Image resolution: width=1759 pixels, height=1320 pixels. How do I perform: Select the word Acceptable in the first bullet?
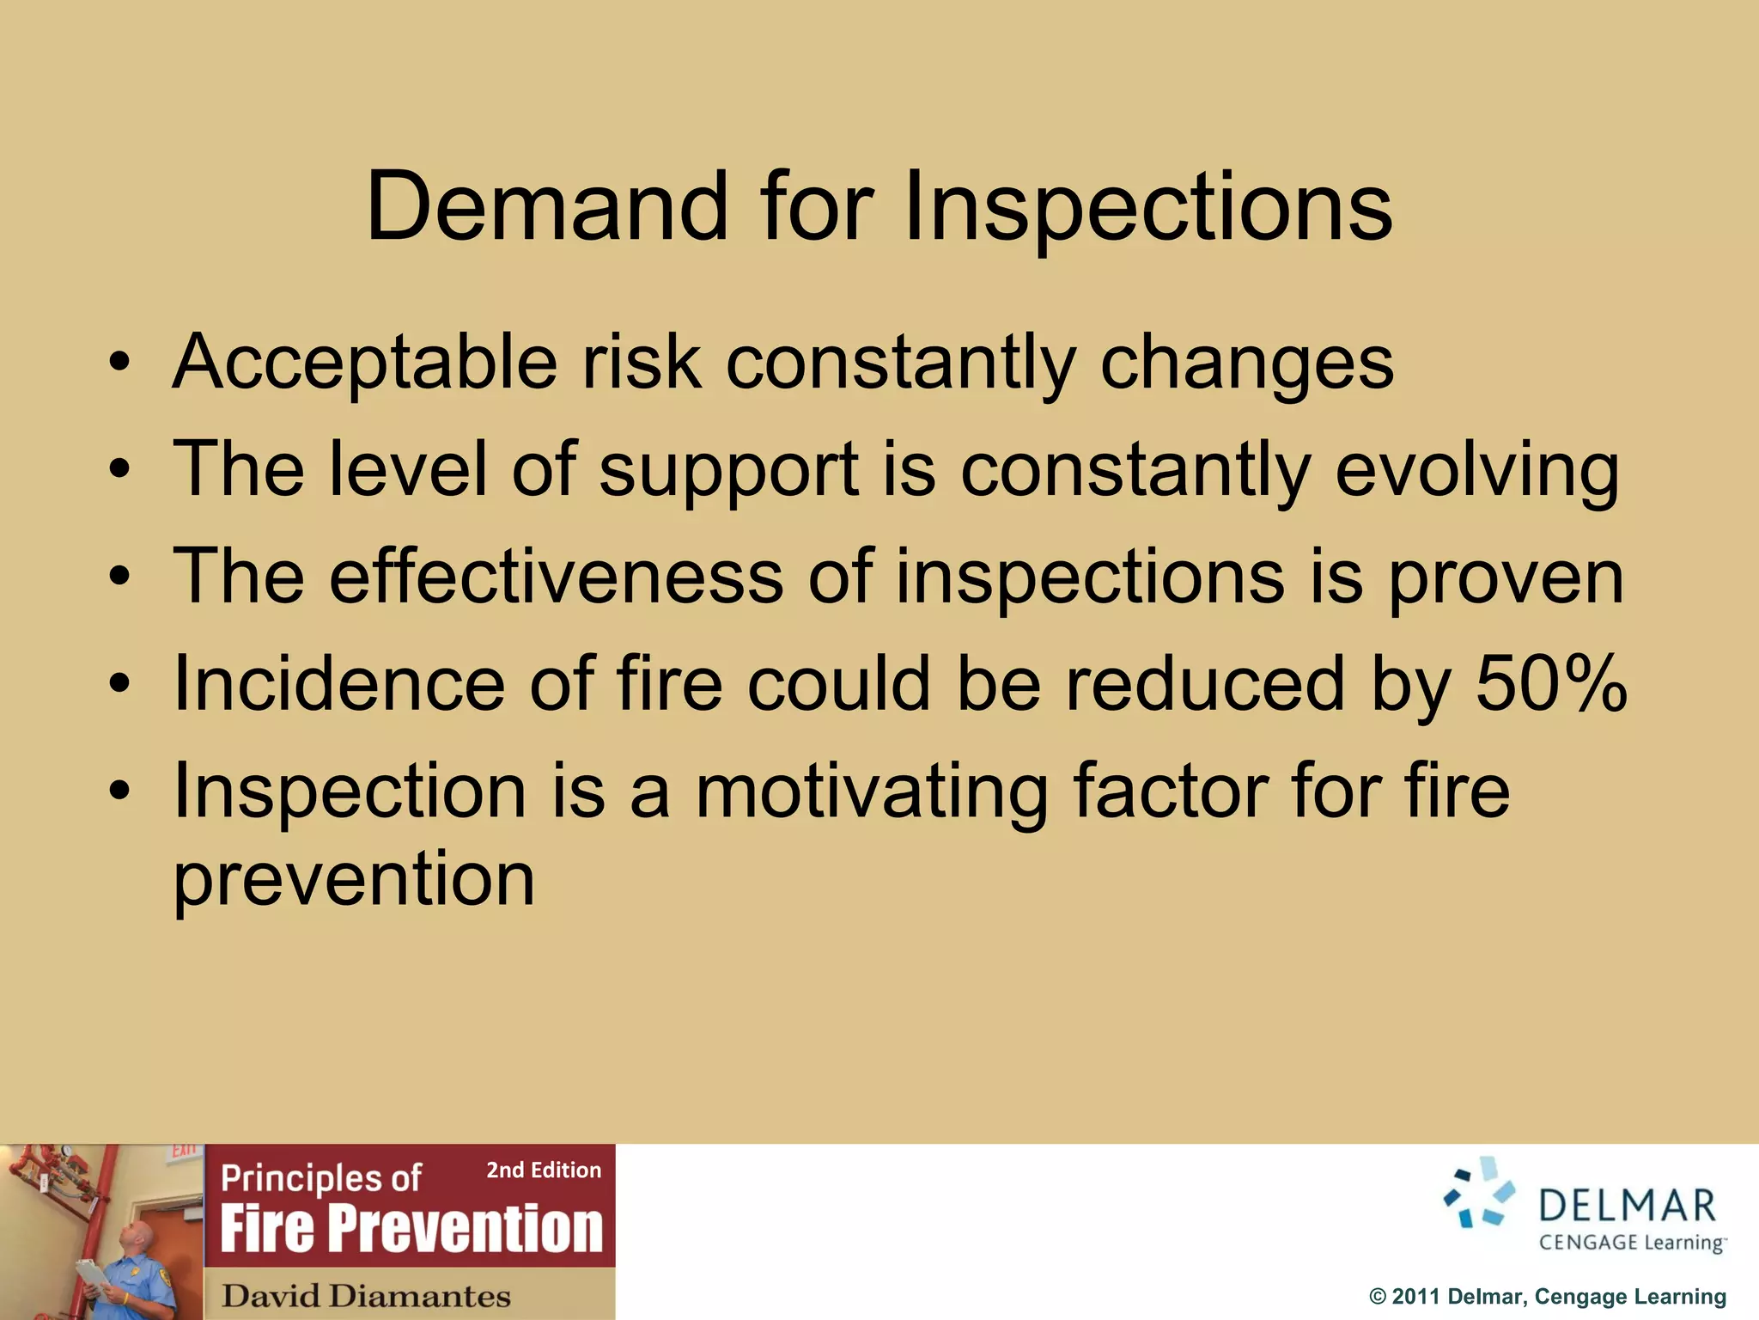pyautogui.click(x=365, y=363)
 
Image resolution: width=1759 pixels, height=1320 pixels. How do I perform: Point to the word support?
pyautogui.click(x=728, y=470)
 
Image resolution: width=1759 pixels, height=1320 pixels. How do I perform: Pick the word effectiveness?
pyautogui.click(x=556, y=577)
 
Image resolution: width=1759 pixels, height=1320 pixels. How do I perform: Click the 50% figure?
pyautogui.click(x=1551, y=684)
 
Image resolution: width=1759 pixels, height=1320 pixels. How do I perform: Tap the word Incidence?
pyautogui.click(x=338, y=684)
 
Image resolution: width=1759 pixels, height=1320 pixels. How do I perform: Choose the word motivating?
pyautogui.click(x=871, y=792)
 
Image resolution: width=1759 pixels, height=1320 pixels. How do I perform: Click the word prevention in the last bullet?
pyautogui.click(x=354, y=879)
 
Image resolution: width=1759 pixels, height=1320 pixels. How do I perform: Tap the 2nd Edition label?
pyautogui.click(x=544, y=1170)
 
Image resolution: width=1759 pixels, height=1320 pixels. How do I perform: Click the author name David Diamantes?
pyautogui.click(x=366, y=1295)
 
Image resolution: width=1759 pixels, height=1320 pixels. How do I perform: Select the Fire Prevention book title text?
pyautogui.click(x=411, y=1228)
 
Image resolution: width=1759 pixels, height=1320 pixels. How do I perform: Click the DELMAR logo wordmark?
pyautogui.click(x=1627, y=1206)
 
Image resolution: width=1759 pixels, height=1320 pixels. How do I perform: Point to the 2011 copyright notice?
pyautogui.click(x=1547, y=1296)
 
